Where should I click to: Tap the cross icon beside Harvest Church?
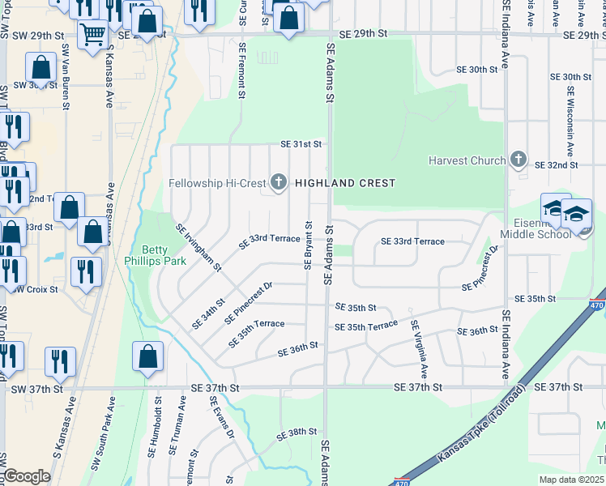pos(519,160)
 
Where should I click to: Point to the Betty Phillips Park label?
pos(164,255)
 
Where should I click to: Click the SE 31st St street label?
pos(301,144)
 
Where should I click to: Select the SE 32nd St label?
pos(557,164)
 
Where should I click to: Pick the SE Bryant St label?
pos(308,246)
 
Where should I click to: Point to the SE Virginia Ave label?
pos(419,349)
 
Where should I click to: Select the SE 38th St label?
pos(297,433)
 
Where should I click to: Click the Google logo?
pos(27,476)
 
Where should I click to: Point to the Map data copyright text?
pos(570,480)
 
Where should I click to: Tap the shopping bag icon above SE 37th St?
pos(147,356)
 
